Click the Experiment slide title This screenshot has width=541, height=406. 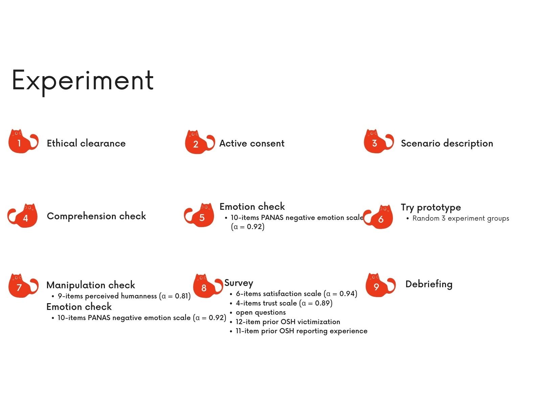click(x=83, y=81)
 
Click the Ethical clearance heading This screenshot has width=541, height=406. click(x=86, y=143)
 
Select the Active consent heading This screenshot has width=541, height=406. click(x=252, y=143)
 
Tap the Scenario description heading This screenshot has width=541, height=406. click(x=447, y=143)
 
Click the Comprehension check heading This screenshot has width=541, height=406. click(x=96, y=216)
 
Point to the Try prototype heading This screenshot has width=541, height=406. click(x=431, y=207)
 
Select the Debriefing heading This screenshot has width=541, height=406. click(x=429, y=284)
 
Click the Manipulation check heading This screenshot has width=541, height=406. click(x=91, y=285)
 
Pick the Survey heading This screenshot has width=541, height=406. click(x=239, y=283)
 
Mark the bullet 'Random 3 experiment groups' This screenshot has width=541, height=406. click(x=461, y=218)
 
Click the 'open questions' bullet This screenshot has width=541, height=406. click(x=261, y=312)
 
